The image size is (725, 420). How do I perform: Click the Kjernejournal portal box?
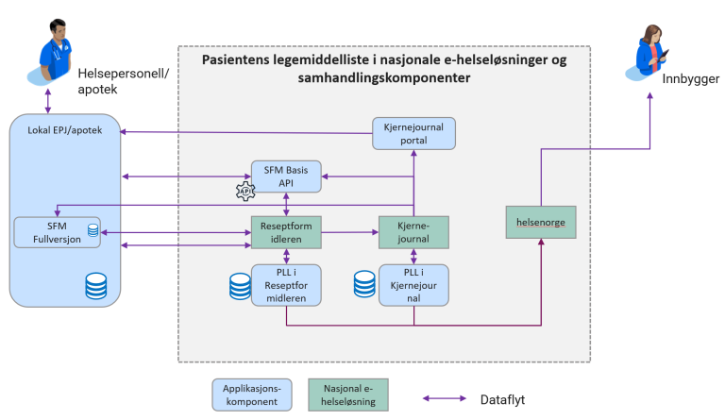[413, 133]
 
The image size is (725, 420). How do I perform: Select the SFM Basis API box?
[286, 176]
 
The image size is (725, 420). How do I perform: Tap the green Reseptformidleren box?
[286, 231]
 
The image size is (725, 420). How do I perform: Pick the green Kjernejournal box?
[413, 231]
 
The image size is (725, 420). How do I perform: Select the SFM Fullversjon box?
[57, 232]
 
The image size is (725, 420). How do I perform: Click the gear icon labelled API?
[246, 191]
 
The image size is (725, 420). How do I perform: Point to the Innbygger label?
[693, 79]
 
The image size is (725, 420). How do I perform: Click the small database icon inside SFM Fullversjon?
[93, 230]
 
